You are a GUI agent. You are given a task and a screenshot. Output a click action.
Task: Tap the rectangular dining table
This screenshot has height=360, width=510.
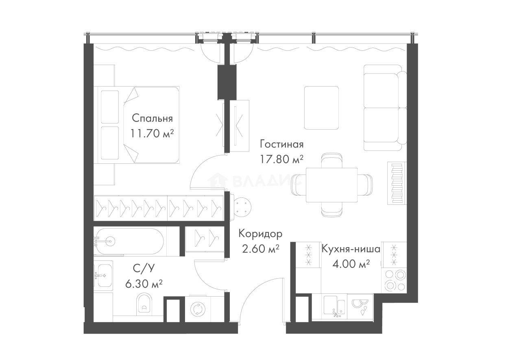332,185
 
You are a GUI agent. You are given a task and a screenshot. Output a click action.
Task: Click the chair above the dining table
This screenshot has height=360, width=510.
332,159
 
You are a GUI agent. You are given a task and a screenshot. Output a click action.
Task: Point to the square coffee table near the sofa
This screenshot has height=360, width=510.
322,107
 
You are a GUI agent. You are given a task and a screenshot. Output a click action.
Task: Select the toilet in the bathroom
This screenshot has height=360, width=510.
143,306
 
